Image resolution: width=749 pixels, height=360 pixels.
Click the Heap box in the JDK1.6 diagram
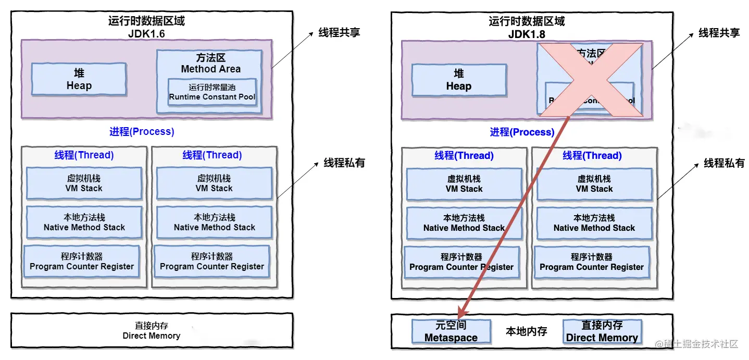coord(79,79)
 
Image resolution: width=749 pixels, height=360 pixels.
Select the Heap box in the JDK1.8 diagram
coord(458,80)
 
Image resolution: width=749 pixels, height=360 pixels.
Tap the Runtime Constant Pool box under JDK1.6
coord(212,92)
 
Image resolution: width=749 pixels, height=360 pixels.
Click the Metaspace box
coord(451,331)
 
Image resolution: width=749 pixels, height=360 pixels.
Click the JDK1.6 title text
coord(146,34)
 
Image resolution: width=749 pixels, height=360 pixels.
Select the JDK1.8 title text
coord(526,34)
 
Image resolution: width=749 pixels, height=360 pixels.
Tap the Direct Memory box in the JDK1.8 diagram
coord(602,331)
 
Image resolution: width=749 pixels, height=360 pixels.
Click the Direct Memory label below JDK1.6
coord(151,331)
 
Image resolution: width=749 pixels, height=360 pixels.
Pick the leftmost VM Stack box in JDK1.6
coord(84,183)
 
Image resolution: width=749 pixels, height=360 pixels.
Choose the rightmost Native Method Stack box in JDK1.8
coord(594,223)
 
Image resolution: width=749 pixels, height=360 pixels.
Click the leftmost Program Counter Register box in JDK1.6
coord(82,262)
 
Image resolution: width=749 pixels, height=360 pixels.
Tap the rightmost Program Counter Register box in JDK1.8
coord(592,262)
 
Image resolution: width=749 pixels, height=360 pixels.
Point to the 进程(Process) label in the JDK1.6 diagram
coord(142,132)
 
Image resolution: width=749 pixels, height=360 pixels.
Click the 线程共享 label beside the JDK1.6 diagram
coord(339,32)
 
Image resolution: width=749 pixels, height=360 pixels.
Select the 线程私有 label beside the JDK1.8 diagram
coord(724,163)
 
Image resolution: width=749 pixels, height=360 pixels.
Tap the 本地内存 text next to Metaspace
coord(526,331)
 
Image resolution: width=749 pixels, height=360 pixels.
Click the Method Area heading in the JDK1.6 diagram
coord(211,64)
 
